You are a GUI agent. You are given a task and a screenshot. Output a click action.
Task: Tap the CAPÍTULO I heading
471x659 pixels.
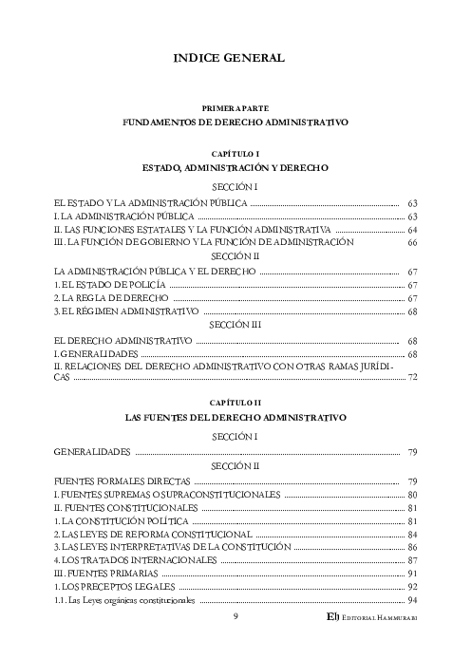click(235, 153)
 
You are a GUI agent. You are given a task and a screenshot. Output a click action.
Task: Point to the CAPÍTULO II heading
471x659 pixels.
click(235, 403)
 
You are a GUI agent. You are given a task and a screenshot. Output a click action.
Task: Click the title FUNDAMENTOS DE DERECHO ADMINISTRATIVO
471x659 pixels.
click(235, 123)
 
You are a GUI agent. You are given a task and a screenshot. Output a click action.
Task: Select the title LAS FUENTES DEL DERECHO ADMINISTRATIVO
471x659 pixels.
click(235, 417)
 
